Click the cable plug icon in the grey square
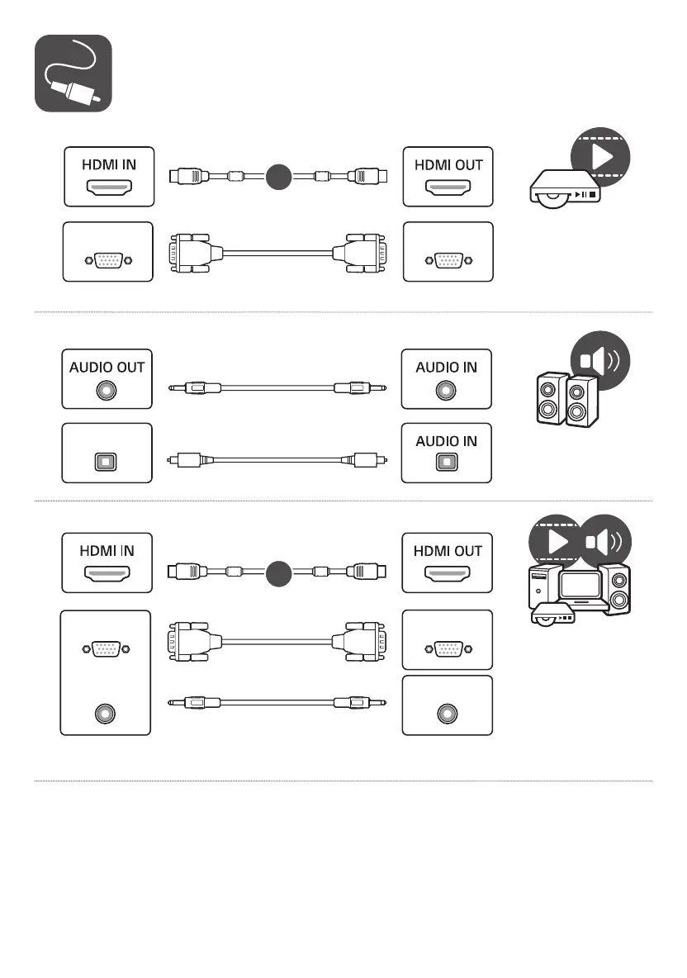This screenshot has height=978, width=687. [73, 74]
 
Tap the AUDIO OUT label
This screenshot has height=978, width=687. [107, 367]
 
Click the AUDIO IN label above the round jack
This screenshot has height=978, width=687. [446, 367]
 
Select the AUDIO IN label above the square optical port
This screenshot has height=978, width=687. [446, 441]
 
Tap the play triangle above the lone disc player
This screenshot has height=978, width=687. [600, 158]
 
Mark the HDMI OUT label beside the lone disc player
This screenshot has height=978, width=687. [448, 164]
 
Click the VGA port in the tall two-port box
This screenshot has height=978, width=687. [107, 649]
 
